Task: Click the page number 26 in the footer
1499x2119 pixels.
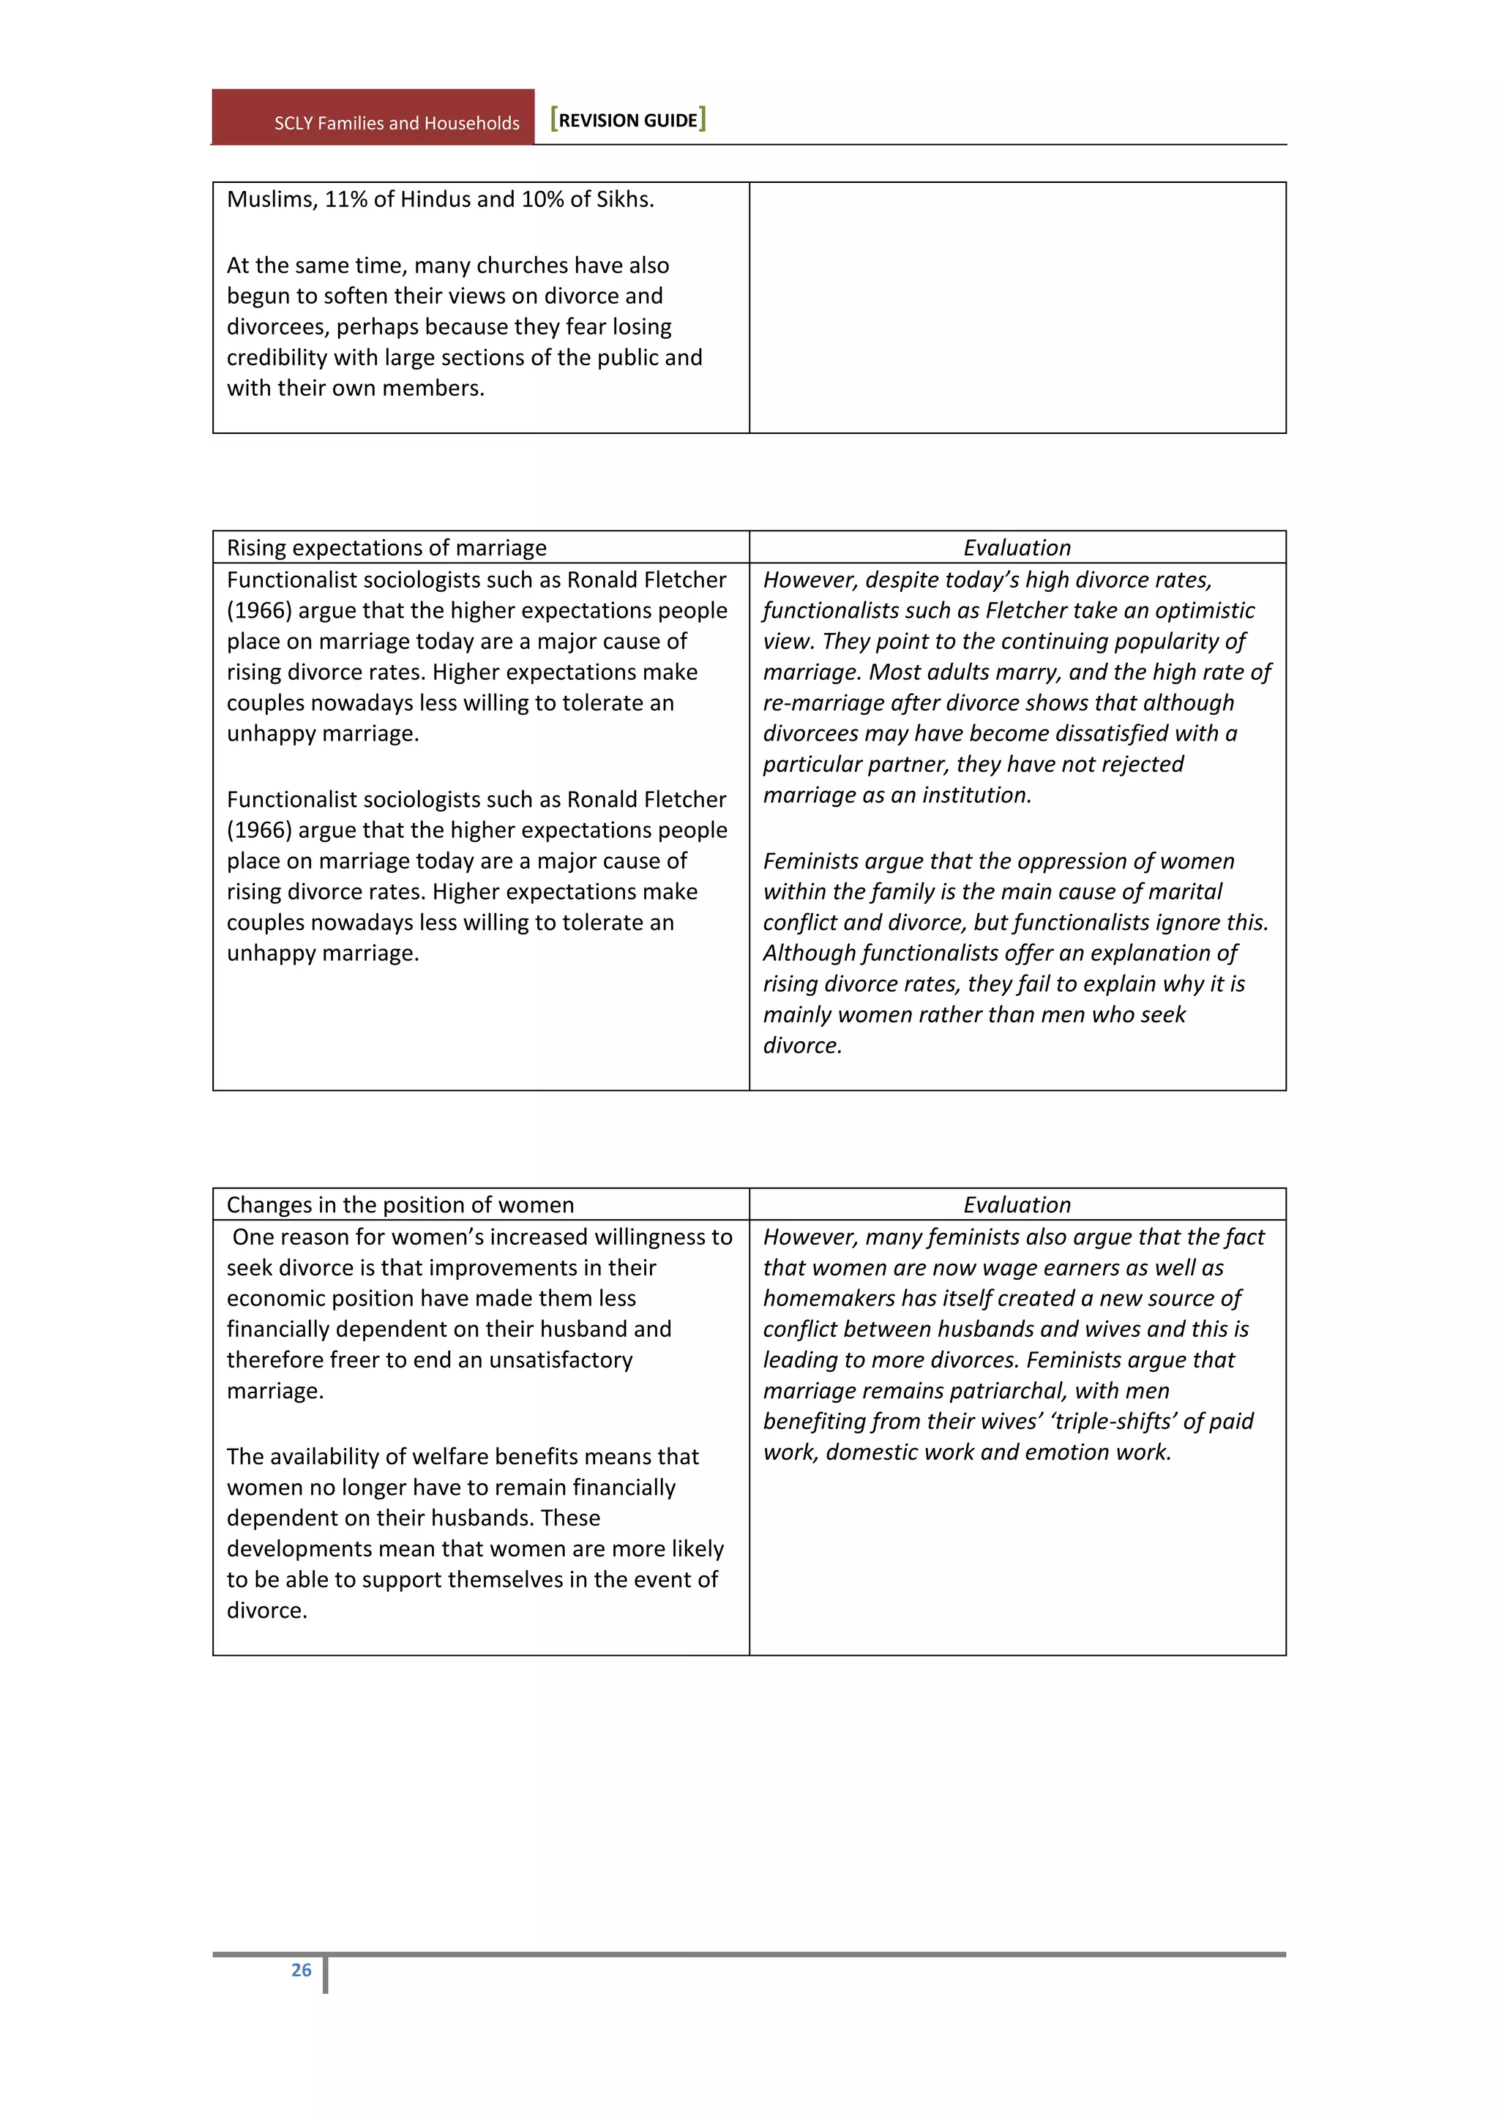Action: pos(301,1970)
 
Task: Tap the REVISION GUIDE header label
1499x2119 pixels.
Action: pos(628,120)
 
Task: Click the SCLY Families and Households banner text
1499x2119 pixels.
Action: pos(396,123)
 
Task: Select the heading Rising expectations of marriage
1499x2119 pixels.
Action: pos(386,547)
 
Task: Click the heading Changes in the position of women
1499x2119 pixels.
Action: pos(400,1204)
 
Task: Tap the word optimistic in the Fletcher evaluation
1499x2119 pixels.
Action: pos(1199,611)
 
